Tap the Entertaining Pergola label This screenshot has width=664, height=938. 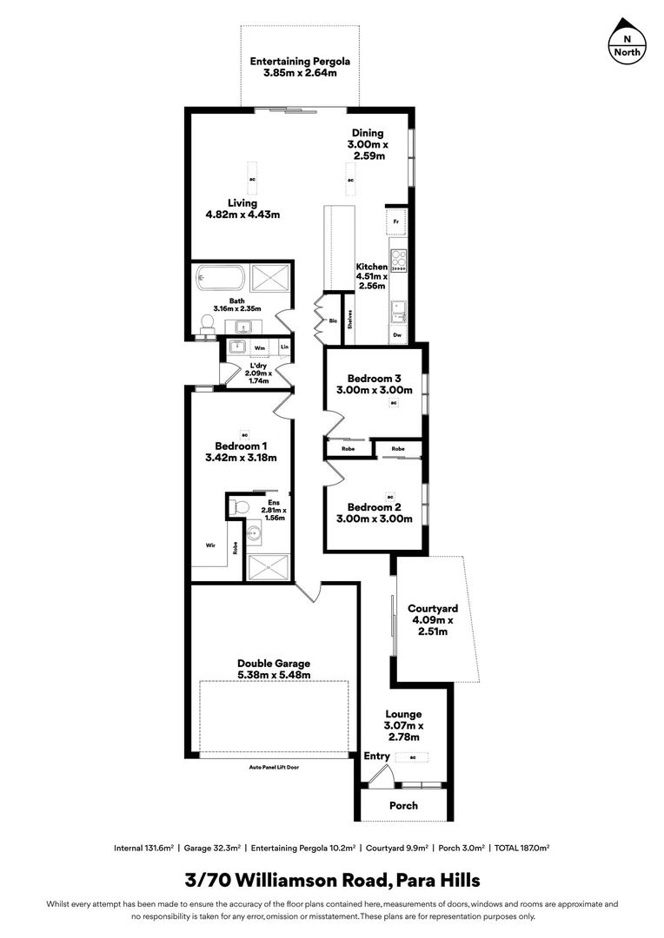300,67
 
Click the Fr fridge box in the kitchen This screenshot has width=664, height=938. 396,222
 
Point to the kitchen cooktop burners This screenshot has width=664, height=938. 399,260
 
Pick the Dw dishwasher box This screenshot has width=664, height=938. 397,334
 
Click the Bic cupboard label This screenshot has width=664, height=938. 333,320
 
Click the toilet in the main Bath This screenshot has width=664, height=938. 208,324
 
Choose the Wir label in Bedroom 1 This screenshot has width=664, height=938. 210,545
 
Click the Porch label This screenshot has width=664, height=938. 403,805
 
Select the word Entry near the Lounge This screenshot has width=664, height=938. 377,756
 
